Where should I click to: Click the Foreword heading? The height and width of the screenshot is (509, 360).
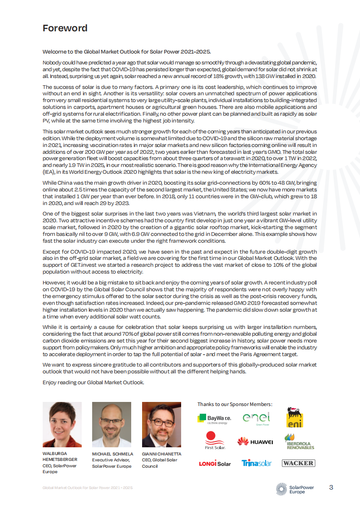point(65,28)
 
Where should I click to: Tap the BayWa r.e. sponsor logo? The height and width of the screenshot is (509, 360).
point(214,418)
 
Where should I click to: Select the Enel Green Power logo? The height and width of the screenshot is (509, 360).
point(256,418)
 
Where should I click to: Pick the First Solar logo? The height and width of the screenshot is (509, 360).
point(214,440)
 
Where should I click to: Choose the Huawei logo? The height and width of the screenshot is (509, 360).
point(255,441)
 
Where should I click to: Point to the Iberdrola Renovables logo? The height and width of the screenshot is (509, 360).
point(299,441)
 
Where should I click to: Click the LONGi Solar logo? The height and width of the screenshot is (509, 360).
point(215,463)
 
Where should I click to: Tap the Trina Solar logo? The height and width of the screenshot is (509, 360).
point(256,463)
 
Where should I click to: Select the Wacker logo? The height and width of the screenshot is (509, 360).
point(298,463)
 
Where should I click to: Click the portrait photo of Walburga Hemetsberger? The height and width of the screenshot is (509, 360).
point(62,425)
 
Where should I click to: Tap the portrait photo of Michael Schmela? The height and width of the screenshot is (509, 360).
point(112,425)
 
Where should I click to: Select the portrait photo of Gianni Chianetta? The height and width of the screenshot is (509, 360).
point(162,425)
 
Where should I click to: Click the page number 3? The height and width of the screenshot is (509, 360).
point(331,488)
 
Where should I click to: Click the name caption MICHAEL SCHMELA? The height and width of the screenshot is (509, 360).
point(112,454)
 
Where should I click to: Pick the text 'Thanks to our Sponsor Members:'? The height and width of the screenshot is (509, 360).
point(235,404)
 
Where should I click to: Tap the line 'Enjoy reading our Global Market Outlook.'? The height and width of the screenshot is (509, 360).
point(94,382)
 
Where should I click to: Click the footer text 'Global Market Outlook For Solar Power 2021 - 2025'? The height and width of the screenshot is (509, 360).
point(88,488)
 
